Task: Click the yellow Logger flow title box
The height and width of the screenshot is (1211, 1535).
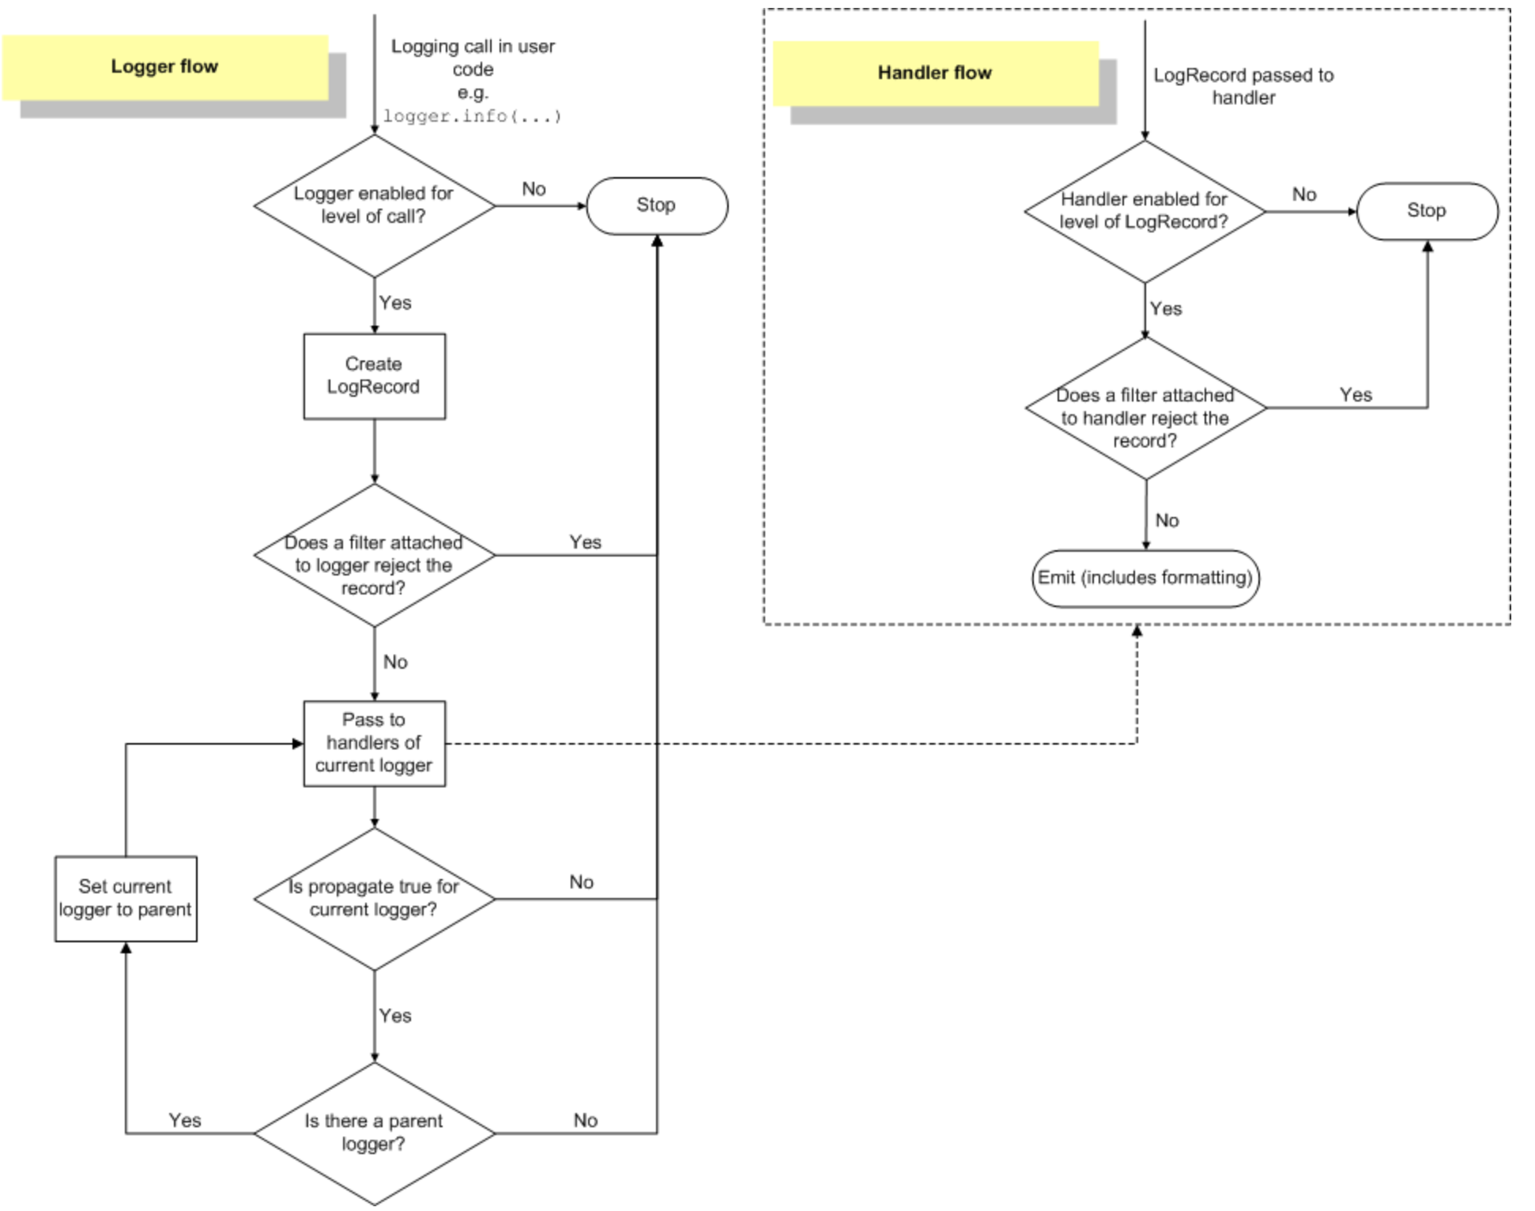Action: tap(165, 67)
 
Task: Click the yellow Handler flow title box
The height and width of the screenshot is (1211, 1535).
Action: tap(935, 73)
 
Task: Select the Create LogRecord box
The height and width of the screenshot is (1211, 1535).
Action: tap(375, 376)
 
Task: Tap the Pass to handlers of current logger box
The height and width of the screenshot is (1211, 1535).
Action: tap(375, 743)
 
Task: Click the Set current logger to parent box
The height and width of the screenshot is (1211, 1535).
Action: tap(126, 899)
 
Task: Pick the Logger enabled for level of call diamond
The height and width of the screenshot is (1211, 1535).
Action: tap(375, 206)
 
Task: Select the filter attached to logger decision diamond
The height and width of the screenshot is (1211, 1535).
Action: tap(375, 555)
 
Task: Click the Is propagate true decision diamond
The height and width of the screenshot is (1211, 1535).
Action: tap(375, 899)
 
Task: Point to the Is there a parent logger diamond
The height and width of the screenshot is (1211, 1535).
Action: tap(375, 1134)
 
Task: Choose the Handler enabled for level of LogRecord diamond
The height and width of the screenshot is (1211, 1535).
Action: tap(1145, 211)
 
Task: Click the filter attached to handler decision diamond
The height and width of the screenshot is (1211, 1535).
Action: tap(1145, 408)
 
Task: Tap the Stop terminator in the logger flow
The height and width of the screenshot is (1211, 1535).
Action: tap(657, 206)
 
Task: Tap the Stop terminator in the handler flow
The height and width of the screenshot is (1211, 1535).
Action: tap(1428, 211)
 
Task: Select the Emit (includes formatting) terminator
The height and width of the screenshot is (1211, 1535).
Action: tap(1145, 579)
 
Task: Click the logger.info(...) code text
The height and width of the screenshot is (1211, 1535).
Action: tap(473, 116)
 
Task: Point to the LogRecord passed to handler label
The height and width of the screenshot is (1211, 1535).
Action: tap(1243, 86)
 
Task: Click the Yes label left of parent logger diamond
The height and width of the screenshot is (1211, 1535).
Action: tap(185, 1120)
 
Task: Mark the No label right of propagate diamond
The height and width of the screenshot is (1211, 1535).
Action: tap(582, 882)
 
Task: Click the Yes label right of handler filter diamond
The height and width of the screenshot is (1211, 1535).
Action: tap(1356, 394)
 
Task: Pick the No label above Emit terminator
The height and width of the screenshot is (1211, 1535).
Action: tap(1167, 520)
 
